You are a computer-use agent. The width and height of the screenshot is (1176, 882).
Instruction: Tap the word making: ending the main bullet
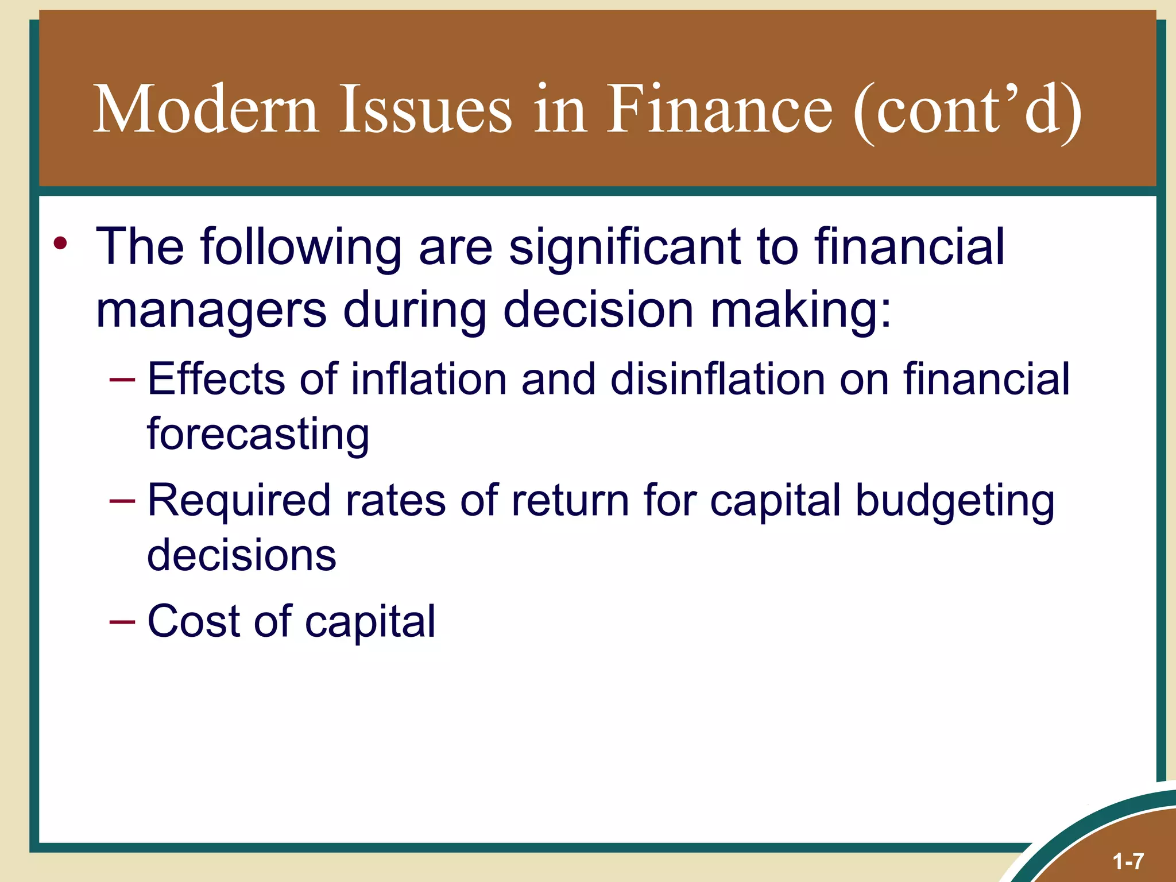click(x=801, y=311)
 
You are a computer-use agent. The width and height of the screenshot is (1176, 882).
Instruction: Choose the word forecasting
click(x=258, y=435)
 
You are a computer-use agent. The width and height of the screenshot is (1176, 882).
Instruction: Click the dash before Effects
click(x=122, y=380)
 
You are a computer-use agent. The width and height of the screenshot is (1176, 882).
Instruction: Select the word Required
click(x=239, y=501)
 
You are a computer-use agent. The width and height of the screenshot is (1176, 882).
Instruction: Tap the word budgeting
click(x=954, y=501)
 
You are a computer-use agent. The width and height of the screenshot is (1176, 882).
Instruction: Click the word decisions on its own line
click(x=241, y=555)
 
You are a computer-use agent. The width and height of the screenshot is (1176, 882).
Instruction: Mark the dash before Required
click(x=122, y=501)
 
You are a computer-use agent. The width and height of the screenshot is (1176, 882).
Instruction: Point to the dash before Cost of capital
click(x=122, y=622)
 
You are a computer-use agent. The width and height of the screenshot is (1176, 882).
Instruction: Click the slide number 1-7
click(x=1128, y=861)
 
